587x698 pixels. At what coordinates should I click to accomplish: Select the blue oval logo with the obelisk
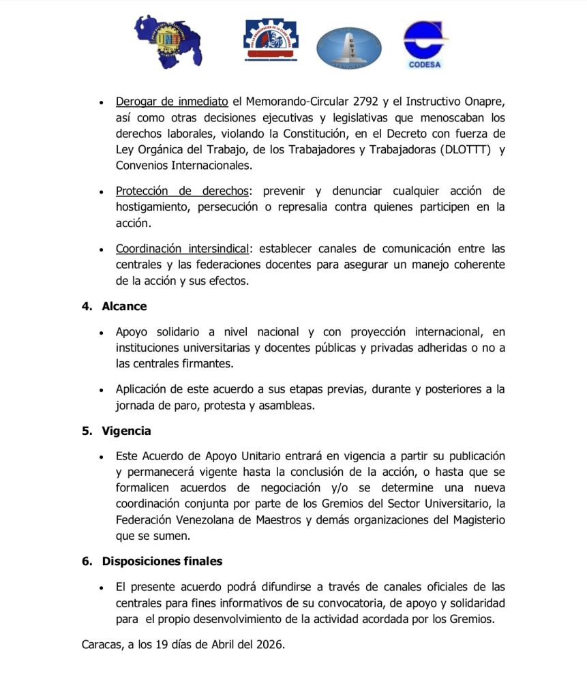(348, 48)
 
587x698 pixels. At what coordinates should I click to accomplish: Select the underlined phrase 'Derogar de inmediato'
(172, 102)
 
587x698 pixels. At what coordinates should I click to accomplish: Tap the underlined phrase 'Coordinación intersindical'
(182, 249)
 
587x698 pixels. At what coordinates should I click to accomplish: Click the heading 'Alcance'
(124, 306)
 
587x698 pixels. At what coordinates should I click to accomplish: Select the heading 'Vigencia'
(126, 431)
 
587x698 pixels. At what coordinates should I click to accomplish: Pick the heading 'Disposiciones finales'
(162, 561)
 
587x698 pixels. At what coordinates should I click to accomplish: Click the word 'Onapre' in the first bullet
(485, 102)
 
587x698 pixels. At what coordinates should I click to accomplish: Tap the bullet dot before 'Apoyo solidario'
(101, 333)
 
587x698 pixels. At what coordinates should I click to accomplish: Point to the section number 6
(86, 561)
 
